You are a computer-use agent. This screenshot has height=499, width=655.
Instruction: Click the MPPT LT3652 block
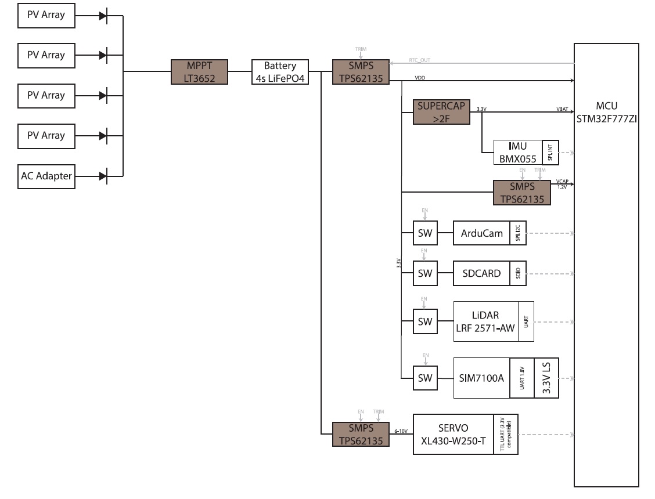pyautogui.click(x=199, y=71)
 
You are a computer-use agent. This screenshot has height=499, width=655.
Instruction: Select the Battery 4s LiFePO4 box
pyautogui.click(x=280, y=71)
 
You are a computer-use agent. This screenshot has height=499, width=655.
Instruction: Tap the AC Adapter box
pyautogui.click(x=46, y=176)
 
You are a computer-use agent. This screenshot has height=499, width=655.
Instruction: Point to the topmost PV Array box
pyautogui.click(x=46, y=15)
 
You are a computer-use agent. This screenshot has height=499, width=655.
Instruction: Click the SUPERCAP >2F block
pyautogui.click(x=441, y=112)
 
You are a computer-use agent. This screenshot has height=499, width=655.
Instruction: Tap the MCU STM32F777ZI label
pyautogui.click(x=606, y=113)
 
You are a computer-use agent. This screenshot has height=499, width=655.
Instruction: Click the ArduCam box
pyautogui.click(x=481, y=233)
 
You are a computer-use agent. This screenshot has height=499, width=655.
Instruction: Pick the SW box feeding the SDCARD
pyautogui.click(x=425, y=273)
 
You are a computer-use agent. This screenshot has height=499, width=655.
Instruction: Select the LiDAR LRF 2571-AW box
pyautogui.click(x=485, y=321)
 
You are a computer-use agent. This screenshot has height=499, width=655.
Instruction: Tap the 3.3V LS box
pyautogui.click(x=546, y=378)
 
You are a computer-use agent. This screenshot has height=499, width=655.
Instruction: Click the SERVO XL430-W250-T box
pyautogui.click(x=453, y=434)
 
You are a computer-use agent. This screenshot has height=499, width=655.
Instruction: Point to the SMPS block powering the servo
pyautogui.click(x=361, y=434)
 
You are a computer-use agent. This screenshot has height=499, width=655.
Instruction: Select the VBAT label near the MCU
pyautogui.click(x=562, y=108)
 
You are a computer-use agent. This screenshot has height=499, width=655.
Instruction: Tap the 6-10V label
pyautogui.click(x=400, y=431)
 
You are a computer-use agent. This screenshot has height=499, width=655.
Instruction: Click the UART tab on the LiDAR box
pyautogui.click(x=526, y=321)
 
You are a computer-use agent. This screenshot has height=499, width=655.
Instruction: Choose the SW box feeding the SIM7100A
pyautogui.click(x=425, y=378)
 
